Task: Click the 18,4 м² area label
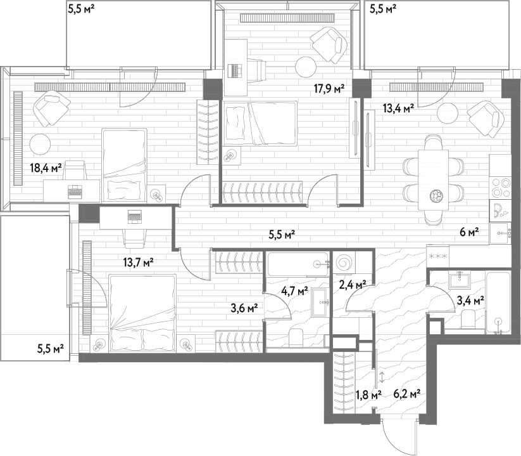coord(46,168)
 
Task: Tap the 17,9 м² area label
coord(329,89)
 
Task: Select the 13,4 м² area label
coord(398,108)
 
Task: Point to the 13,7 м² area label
coord(138,263)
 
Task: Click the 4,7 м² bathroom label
coord(294,291)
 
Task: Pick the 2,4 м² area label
coord(353,284)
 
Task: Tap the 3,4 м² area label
coord(470,301)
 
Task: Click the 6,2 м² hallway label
coord(407,394)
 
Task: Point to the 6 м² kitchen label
coord(469,232)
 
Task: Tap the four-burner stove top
coord(501,188)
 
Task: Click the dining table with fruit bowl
coord(433,179)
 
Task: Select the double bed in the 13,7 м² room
coord(142,313)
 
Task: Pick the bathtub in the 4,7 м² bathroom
coord(298,264)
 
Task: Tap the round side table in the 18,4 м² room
coord(41,145)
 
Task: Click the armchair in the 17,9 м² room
coord(329,44)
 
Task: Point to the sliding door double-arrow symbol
coord(382,377)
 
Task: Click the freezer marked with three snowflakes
coord(437,256)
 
